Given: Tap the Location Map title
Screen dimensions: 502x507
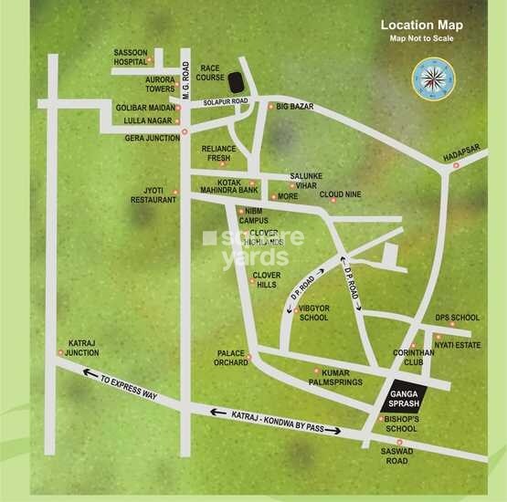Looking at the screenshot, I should (x=421, y=25).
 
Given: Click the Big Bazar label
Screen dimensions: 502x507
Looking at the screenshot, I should (x=294, y=107).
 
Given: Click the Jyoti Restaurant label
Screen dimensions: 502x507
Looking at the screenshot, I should (x=153, y=196).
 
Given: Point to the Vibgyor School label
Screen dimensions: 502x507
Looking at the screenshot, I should (x=313, y=313).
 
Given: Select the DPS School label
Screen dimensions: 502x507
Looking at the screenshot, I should (x=457, y=318).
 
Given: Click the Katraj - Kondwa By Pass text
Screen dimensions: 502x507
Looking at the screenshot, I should (x=275, y=421).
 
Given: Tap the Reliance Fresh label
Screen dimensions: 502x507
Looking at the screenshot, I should (x=219, y=152).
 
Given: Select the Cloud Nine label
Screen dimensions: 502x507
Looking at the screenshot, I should (x=340, y=194).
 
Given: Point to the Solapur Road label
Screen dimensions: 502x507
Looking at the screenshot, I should (x=227, y=101).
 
